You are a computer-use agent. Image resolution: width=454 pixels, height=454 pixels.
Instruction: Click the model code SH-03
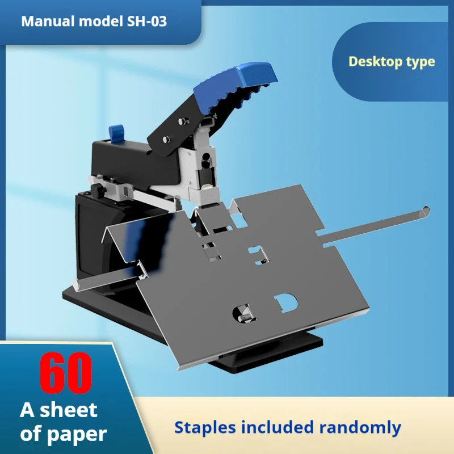point(147,22)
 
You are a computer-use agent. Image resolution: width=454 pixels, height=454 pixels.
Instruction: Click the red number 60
point(66,373)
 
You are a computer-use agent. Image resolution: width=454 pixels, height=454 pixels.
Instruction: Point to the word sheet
point(68,410)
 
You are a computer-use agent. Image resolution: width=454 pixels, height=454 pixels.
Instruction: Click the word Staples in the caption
point(205,428)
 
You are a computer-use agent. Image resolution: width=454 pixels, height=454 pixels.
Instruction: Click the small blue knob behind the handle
point(116,133)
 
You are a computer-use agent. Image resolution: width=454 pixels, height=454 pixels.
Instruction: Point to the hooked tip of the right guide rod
point(425,211)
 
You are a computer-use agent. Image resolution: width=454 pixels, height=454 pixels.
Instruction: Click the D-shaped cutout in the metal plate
point(287,303)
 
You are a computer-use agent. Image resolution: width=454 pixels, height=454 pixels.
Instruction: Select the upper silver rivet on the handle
point(183,120)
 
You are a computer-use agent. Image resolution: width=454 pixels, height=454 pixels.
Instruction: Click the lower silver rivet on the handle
point(166,139)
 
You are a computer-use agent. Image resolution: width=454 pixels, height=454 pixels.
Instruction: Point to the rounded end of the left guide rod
point(76,284)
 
